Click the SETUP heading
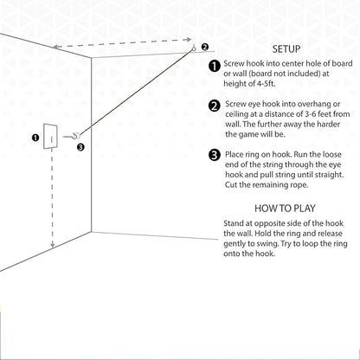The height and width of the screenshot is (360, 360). (286, 49)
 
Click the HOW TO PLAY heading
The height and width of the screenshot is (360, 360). (285, 209)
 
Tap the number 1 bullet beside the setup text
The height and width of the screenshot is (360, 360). (215, 66)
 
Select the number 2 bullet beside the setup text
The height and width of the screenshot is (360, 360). (215, 106)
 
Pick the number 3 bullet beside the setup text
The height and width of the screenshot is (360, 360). (215, 156)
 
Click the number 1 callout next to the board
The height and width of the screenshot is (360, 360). (35, 138)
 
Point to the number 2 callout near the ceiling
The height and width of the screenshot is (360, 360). (204, 47)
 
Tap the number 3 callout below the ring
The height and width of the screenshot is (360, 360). (80, 147)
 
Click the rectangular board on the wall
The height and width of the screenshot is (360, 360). (50, 136)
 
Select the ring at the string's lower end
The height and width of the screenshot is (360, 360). (77, 135)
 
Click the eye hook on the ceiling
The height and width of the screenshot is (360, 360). (194, 48)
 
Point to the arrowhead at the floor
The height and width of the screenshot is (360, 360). (52, 245)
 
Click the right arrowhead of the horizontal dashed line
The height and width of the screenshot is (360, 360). (189, 40)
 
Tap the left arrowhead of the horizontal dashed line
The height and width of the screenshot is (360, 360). (55, 47)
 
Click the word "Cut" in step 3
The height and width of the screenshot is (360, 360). (231, 184)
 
